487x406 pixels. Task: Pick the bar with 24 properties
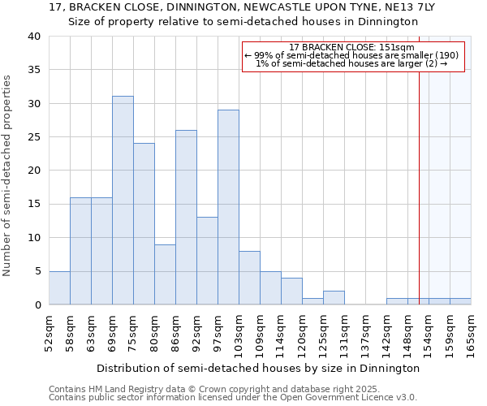pos(144,224)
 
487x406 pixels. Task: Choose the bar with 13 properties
pos(207,261)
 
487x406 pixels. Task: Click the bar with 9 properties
pos(165,274)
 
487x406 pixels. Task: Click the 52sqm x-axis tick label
pos(49,333)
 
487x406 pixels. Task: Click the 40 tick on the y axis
pos(33,37)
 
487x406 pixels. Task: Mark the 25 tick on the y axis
pos(33,137)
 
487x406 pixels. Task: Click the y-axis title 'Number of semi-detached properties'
pos(8,175)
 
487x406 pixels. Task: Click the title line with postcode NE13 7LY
pos(243,6)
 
